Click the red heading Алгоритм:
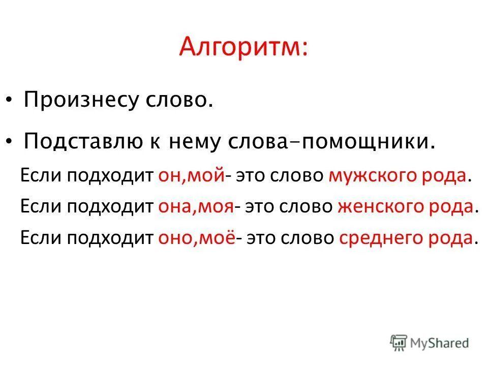pyautogui.click(x=243, y=49)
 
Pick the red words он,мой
pyautogui.click(x=192, y=175)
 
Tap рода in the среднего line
pyautogui.click(x=452, y=238)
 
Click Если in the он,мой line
pyautogui.click(x=39, y=175)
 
